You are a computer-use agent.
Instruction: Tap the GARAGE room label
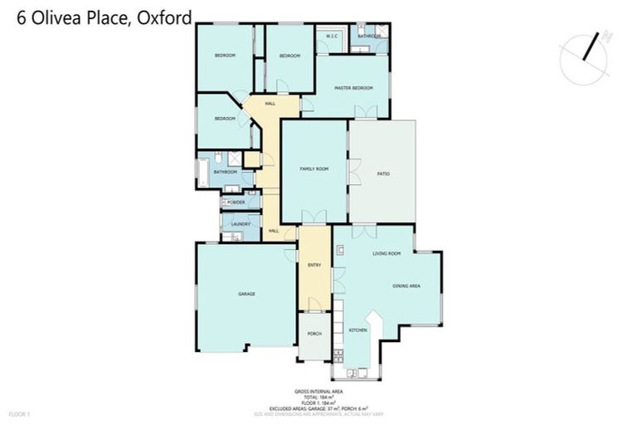pyautogui.click(x=246, y=294)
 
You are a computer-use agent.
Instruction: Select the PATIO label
pyautogui.click(x=383, y=173)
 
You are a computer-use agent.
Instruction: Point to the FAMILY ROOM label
pyautogui.click(x=314, y=169)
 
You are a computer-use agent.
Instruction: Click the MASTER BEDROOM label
pyautogui.click(x=353, y=87)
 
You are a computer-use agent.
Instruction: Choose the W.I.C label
pyautogui.click(x=328, y=37)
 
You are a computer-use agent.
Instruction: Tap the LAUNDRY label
pyautogui.click(x=241, y=224)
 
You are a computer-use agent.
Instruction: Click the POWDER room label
pyautogui.click(x=236, y=202)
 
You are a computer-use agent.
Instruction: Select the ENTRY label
pyautogui.click(x=314, y=266)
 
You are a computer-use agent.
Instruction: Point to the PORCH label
pyautogui.click(x=314, y=334)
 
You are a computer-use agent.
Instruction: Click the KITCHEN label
pyautogui.click(x=357, y=330)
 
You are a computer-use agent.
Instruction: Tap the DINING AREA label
pyautogui.click(x=406, y=286)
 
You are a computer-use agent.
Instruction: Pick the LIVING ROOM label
pyautogui.click(x=387, y=253)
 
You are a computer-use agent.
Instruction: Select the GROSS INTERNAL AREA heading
pyautogui.click(x=318, y=391)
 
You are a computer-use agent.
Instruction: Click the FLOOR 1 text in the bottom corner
pyautogui.click(x=18, y=413)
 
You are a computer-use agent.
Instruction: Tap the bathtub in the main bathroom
pyautogui.click(x=203, y=173)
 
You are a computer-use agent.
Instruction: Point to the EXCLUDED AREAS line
pyautogui.click(x=318, y=408)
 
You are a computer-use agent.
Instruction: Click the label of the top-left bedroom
pyautogui.click(x=225, y=56)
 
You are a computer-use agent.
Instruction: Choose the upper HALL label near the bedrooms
pyautogui.click(x=270, y=103)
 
